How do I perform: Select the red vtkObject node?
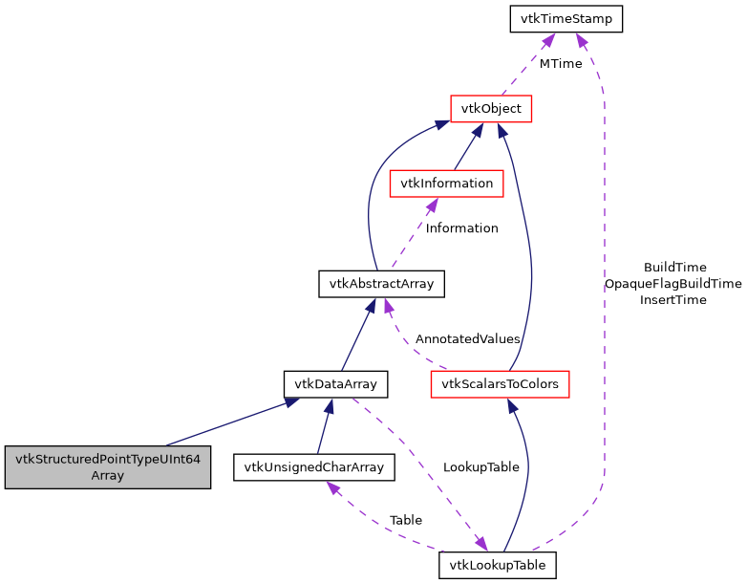tap(491, 108)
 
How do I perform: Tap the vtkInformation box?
tap(446, 183)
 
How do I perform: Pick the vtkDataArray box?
tap(335, 384)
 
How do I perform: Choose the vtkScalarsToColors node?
tap(500, 384)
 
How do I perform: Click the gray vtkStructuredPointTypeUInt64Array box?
tap(107, 466)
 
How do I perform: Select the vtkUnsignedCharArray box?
tap(314, 466)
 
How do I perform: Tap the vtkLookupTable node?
tap(498, 565)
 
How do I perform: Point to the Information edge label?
tap(461, 228)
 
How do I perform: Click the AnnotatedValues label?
tap(467, 338)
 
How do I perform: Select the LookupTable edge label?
tap(480, 467)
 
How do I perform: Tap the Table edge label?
tap(405, 520)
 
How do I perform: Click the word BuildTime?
tap(674, 268)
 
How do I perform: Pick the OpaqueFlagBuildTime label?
tap(672, 284)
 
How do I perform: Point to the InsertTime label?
tap(672, 300)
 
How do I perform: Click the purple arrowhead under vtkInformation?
tap(433, 205)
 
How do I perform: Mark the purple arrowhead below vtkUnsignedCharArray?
tap(332, 487)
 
